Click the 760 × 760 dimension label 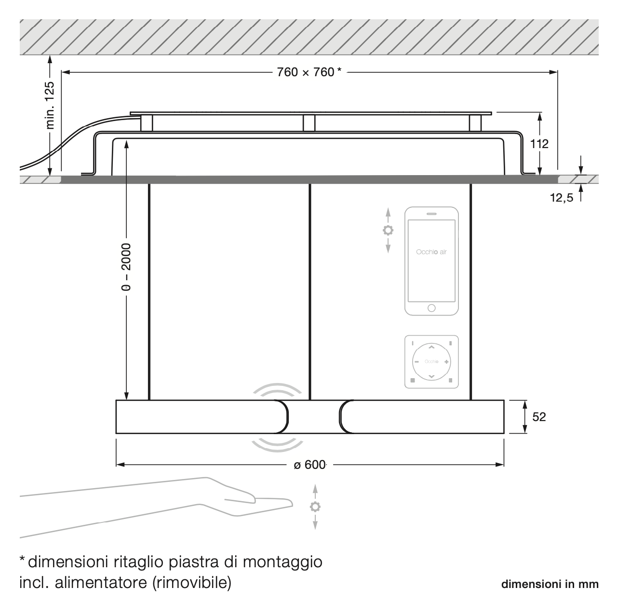click(x=309, y=72)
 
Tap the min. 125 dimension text click(x=51, y=105)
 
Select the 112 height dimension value click(x=540, y=143)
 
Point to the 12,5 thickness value click(x=562, y=198)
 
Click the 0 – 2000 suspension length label click(x=126, y=267)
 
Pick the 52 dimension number click(x=539, y=417)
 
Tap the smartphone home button click(x=431, y=307)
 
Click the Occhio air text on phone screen click(x=431, y=252)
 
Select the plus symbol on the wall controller click(x=446, y=362)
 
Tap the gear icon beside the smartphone click(x=388, y=231)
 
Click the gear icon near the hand click(x=315, y=506)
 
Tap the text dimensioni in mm click(x=550, y=585)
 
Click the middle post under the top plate click(x=309, y=123)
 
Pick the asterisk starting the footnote click(x=22, y=559)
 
